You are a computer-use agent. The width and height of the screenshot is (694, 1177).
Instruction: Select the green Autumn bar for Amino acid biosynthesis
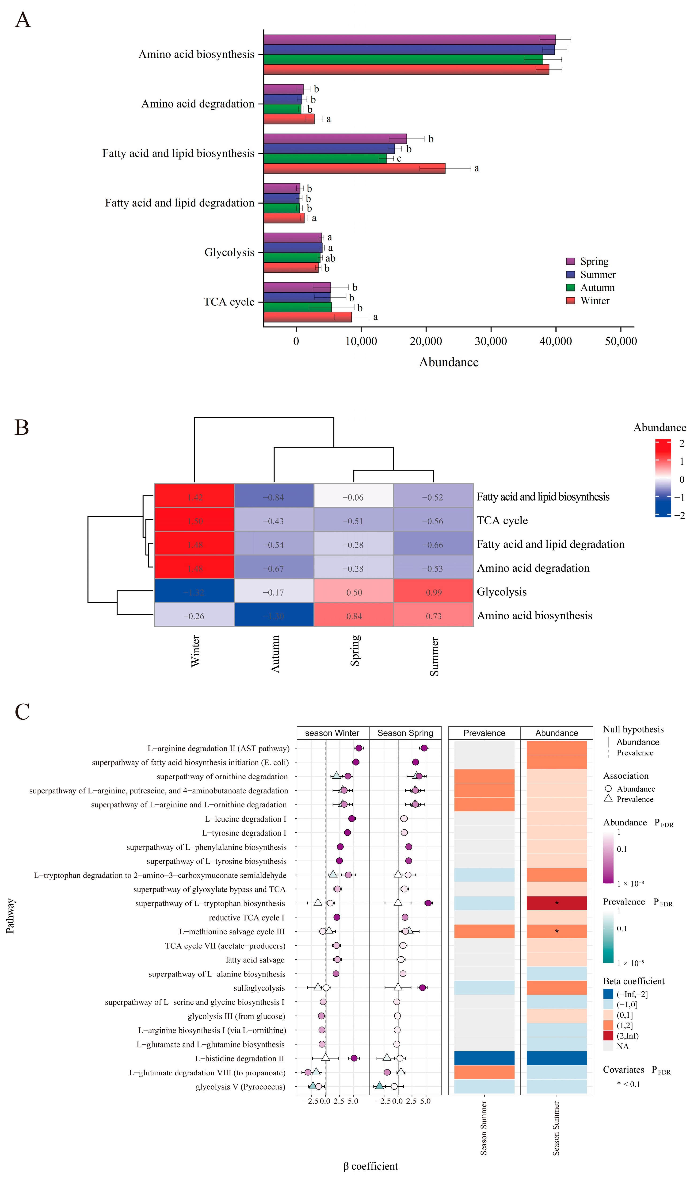click(x=403, y=59)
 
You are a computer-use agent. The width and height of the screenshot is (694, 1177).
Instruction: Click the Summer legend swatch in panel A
click(x=571, y=275)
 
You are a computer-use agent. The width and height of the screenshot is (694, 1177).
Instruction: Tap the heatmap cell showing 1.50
click(x=194, y=521)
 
